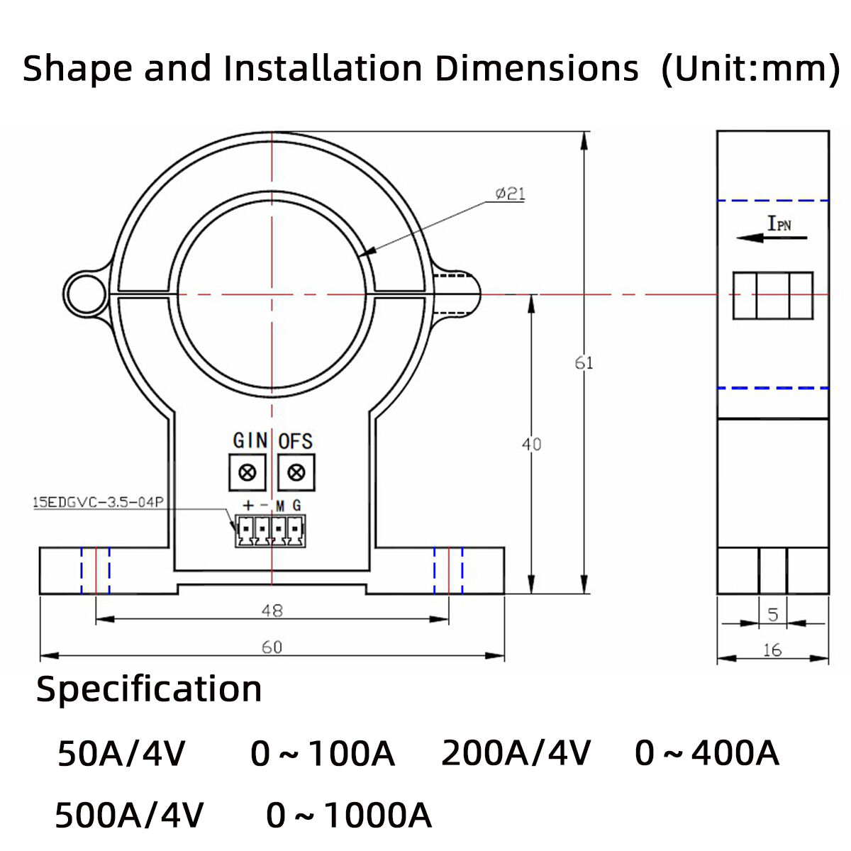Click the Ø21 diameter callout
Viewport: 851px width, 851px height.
click(x=510, y=193)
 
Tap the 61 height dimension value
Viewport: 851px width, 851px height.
click(x=584, y=363)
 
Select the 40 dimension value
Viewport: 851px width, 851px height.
click(x=531, y=444)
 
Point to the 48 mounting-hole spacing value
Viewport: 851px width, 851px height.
click(x=272, y=610)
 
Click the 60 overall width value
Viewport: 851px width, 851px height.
click(x=272, y=647)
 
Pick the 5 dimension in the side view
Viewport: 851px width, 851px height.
click(x=773, y=614)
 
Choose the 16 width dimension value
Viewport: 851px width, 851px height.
click(x=773, y=650)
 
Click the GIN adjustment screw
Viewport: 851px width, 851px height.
click(x=247, y=472)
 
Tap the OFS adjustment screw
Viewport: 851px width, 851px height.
click(x=296, y=472)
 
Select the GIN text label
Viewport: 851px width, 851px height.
click(x=250, y=440)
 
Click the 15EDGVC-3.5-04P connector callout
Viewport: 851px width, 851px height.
click(x=98, y=502)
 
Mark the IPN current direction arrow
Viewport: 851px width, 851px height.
click(x=772, y=238)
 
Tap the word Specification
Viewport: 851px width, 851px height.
click(x=149, y=689)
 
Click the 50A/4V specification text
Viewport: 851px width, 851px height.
click(x=121, y=753)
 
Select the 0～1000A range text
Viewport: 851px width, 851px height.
click(x=348, y=816)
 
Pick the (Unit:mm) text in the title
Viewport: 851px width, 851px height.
click(x=750, y=69)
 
